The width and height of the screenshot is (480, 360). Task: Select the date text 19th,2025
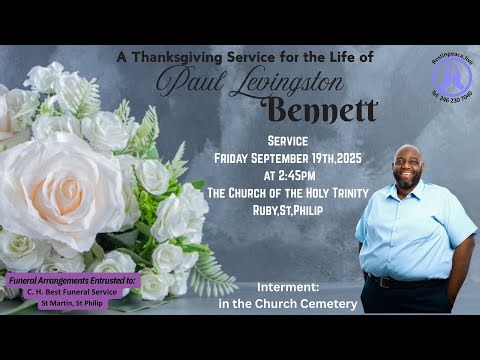point(332,157)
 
